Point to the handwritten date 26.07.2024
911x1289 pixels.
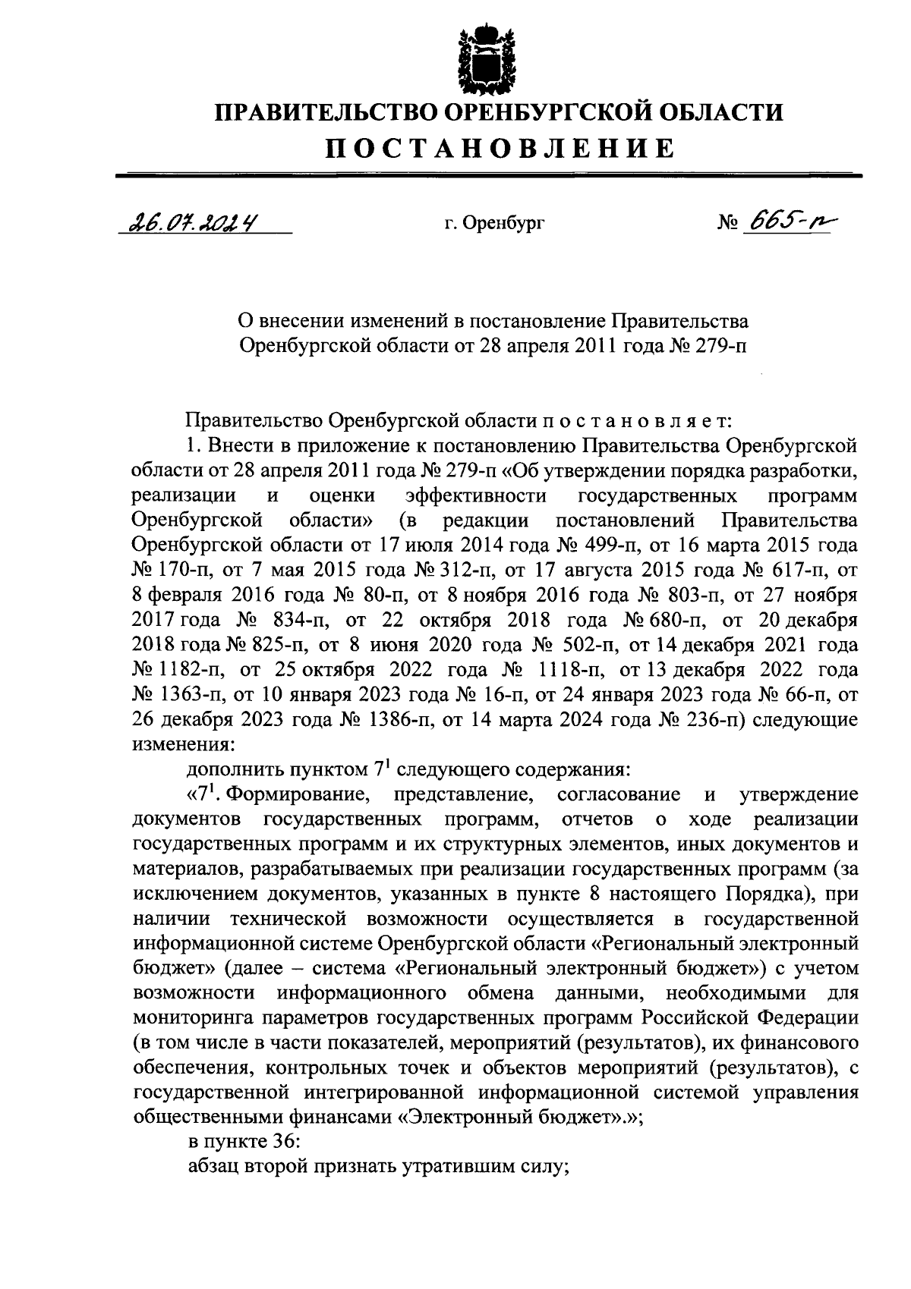[x=191, y=223]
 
